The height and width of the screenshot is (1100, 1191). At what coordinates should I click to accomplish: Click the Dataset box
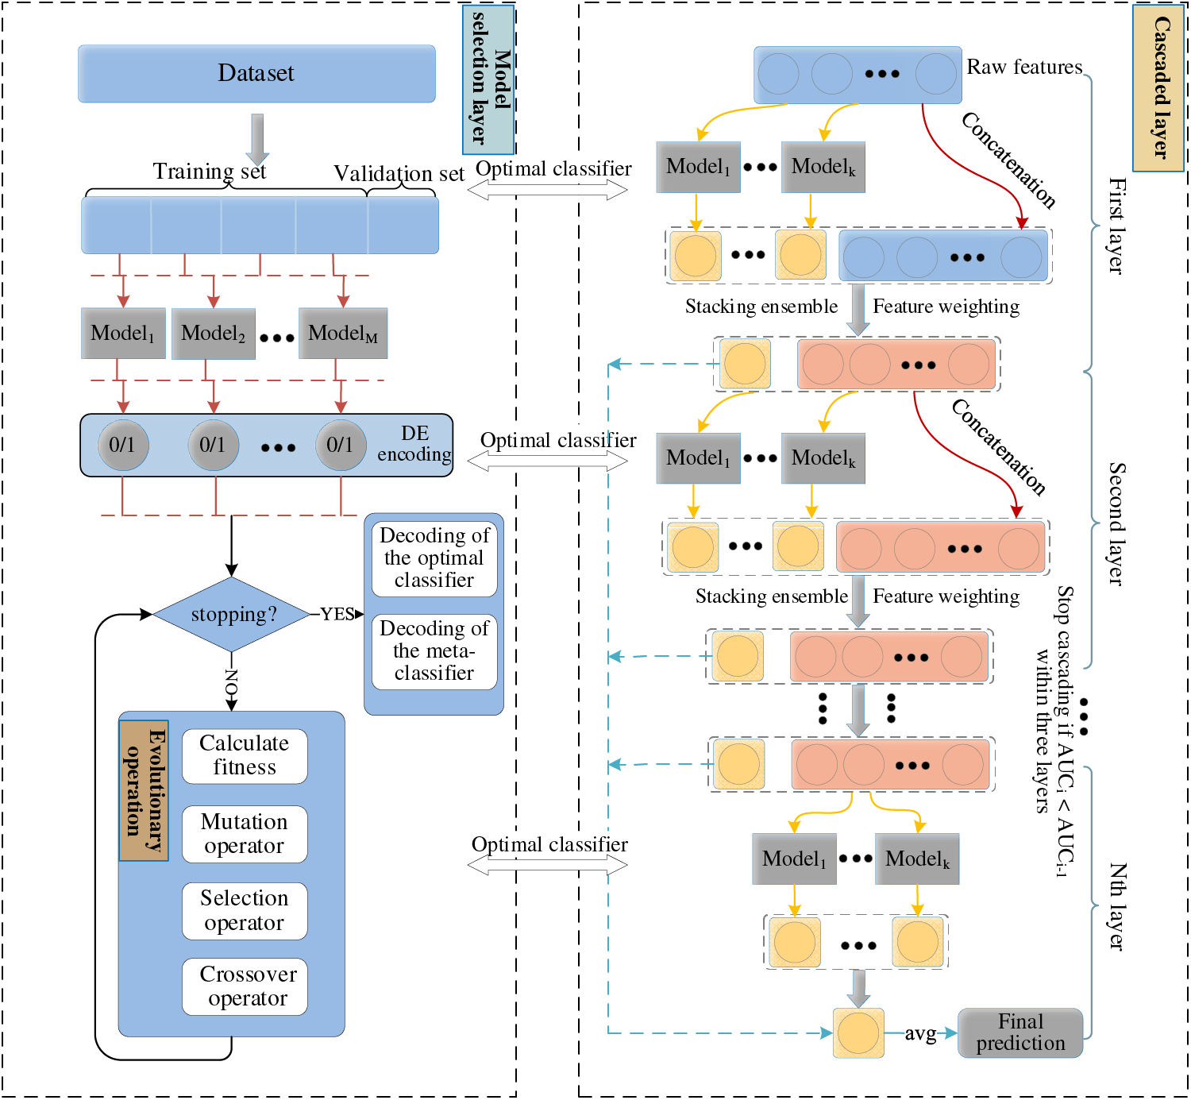[x=256, y=74]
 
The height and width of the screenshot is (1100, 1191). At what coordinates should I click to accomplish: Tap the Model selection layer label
[x=489, y=79]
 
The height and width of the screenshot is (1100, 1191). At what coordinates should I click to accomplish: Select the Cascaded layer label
[x=1158, y=87]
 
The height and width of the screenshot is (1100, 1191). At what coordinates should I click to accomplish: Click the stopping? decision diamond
[x=232, y=615]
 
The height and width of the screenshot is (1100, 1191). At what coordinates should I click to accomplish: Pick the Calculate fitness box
[x=245, y=756]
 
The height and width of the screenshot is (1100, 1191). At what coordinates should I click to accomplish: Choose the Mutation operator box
[x=245, y=834]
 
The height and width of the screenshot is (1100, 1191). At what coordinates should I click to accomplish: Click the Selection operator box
[x=245, y=911]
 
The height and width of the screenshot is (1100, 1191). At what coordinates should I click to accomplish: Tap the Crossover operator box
[x=245, y=986]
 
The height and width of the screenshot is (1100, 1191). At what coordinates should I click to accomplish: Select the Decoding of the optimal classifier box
[x=434, y=558]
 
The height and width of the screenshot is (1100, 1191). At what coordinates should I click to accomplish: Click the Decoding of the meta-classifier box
[x=434, y=651]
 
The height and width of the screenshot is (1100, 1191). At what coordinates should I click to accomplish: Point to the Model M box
[x=343, y=334]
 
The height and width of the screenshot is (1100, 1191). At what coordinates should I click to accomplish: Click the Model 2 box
[x=214, y=334]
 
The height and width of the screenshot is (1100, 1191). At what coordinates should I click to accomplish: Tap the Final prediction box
[x=1020, y=1032]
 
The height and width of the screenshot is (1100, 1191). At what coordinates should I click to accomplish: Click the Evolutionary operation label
[x=144, y=791]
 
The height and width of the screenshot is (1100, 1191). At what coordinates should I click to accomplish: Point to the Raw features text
[x=1024, y=68]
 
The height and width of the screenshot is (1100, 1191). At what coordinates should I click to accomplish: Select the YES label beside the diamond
[x=337, y=615]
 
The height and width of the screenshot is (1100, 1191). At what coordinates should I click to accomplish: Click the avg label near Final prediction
[x=920, y=1033]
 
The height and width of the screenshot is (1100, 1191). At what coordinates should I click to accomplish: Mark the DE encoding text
[x=414, y=444]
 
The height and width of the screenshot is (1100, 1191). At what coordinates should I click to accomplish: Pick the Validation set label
[x=399, y=174]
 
